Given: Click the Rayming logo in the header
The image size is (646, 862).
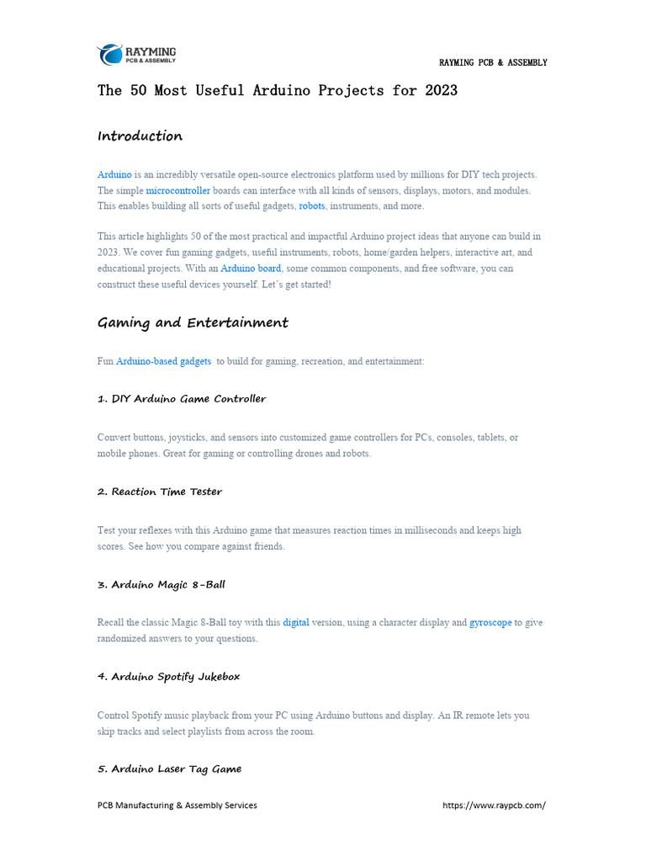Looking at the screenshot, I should pyautogui.click(x=136, y=56).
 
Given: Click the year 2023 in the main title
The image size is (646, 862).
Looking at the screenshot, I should pyautogui.click(x=438, y=90).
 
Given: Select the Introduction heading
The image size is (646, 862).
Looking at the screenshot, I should pyautogui.click(x=140, y=136).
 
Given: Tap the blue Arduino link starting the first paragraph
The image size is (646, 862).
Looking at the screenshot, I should pyautogui.click(x=114, y=174).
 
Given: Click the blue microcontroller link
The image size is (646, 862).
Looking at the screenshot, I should pyautogui.click(x=178, y=190).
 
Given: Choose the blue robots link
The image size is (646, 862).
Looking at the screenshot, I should pyautogui.click(x=312, y=206).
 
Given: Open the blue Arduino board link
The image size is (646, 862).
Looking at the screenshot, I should pyautogui.click(x=251, y=269).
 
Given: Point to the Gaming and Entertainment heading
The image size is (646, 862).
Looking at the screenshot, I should pyautogui.click(x=193, y=323).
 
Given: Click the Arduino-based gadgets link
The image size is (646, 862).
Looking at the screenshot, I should pyautogui.click(x=163, y=361).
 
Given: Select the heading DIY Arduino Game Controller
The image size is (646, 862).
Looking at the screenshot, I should pyautogui.click(x=182, y=399).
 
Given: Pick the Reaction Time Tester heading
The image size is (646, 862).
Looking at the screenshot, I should pyautogui.click(x=160, y=492).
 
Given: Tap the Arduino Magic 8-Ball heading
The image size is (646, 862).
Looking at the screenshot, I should pyautogui.click(x=161, y=584).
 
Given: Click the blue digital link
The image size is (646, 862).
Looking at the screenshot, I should pyautogui.click(x=296, y=623).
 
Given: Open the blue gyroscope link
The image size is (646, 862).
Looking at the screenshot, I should pyautogui.click(x=490, y=623).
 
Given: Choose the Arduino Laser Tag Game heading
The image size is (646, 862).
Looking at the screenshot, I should pyautogui.click(x=169, y=769).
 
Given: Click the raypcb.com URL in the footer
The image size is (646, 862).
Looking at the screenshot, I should pyautogui.click(x=494, y=806).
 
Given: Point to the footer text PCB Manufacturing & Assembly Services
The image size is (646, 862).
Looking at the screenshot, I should pyautogui.click(x=177, y=806).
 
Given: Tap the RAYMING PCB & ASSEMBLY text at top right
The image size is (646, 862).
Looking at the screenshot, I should pyautogui.click(x=493, y=63).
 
